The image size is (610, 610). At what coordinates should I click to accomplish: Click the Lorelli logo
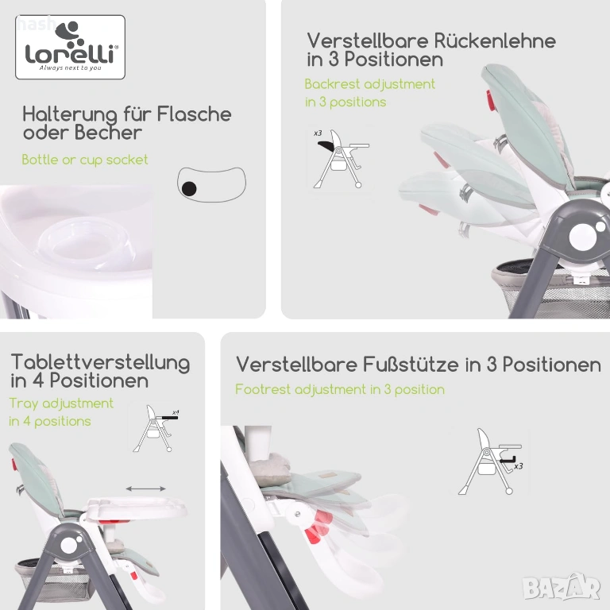click(x=71, y=47)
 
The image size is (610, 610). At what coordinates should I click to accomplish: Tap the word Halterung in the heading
click(x=70, y=115)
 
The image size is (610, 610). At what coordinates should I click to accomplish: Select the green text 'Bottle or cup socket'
click(x=85, y=160)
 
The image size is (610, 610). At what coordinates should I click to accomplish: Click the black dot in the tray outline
click(x=189, y=189)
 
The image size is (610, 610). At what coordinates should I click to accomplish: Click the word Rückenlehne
click(x=495, y=41)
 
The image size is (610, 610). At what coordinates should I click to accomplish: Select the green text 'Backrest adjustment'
click(x=369, y=84)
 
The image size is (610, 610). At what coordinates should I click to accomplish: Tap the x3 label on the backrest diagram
click(x=318, y=133)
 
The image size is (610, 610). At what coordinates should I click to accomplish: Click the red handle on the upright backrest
click(x=490, y=100)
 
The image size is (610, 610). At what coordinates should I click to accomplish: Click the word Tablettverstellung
click(x=100, y=362)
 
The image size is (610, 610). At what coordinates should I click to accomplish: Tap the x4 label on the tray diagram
click(x=176, y=412)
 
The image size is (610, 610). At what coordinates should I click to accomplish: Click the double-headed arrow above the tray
click(x=146, y=488)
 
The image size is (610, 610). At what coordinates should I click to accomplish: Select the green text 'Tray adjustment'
click(x=61, y=403)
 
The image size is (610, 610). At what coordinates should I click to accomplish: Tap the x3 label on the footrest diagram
click(x=518, y=466)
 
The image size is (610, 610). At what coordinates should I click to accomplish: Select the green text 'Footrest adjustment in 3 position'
click(x=340, y=389)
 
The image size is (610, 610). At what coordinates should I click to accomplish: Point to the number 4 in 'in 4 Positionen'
click(x=38, y=380)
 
